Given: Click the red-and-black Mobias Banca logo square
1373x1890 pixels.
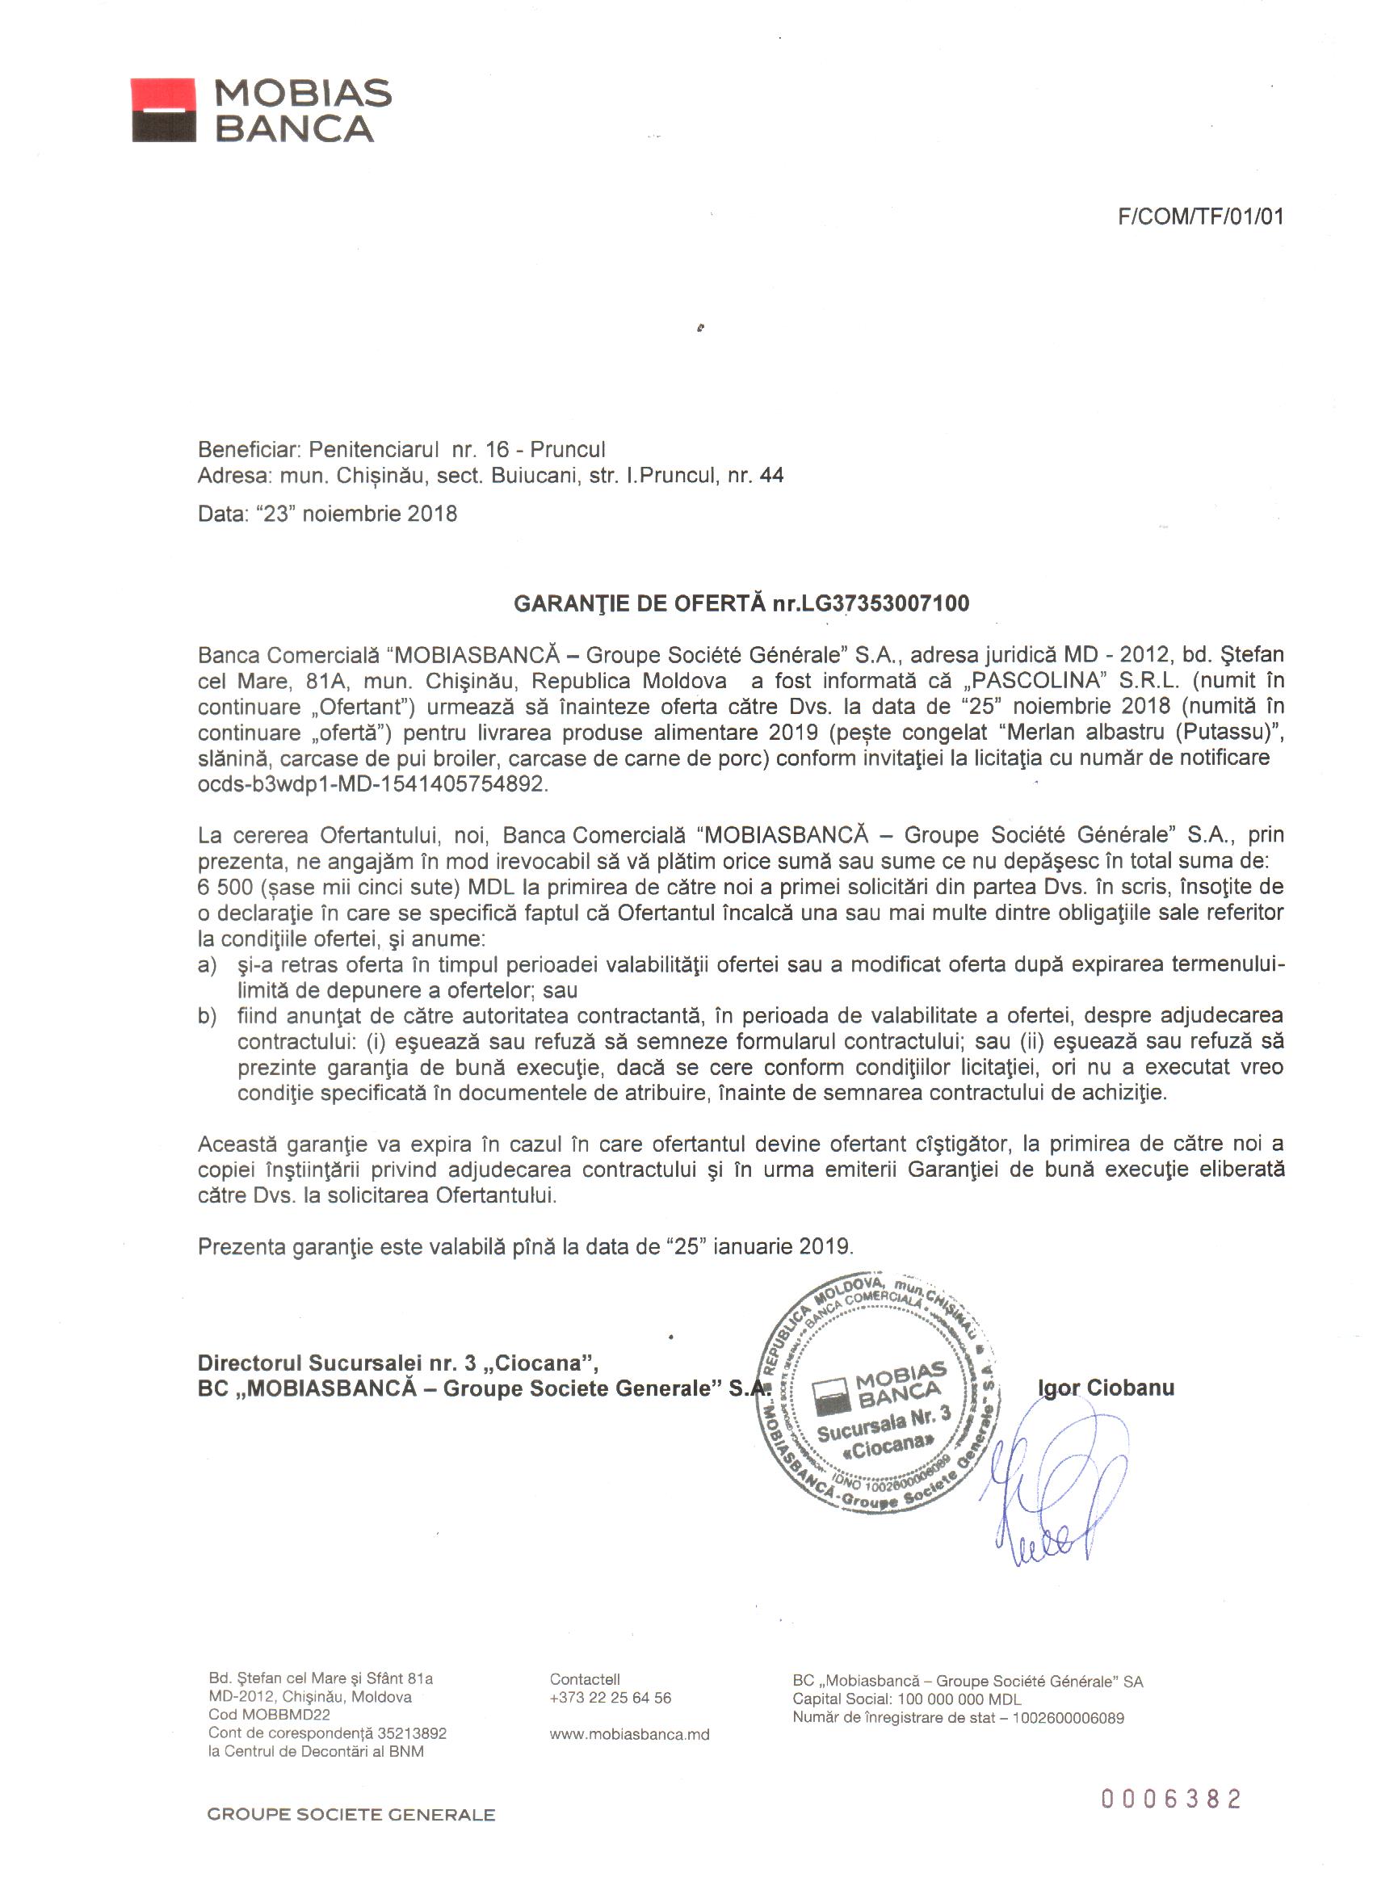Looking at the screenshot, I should click(163, 110).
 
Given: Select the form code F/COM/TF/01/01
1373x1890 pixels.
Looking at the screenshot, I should click(1199, 217).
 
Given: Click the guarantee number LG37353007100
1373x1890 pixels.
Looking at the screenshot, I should click(885, 603).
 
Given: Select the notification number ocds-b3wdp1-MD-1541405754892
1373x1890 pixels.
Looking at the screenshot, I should click(372, 784).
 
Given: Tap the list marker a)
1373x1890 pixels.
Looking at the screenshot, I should click(207, 965).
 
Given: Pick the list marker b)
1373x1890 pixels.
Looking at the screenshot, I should click(207, 1016).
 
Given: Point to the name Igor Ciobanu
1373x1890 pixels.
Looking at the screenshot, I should click(1106, 1388).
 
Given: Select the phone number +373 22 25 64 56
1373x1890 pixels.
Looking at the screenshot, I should click(610, 1698).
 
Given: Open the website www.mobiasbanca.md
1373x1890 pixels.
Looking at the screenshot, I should click(629, 1734).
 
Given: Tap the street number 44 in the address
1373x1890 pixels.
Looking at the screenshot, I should click(771, 476).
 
